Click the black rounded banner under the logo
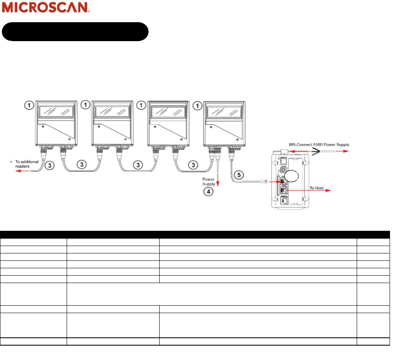click(x=75, y=32)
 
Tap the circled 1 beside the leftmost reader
click(x=29, y=105)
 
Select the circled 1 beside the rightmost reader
click(x=198, y=105)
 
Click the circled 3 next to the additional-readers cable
click(x=49, y=165)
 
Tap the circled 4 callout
click(x=209, y=192)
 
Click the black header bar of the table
click(x=195, y=235)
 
